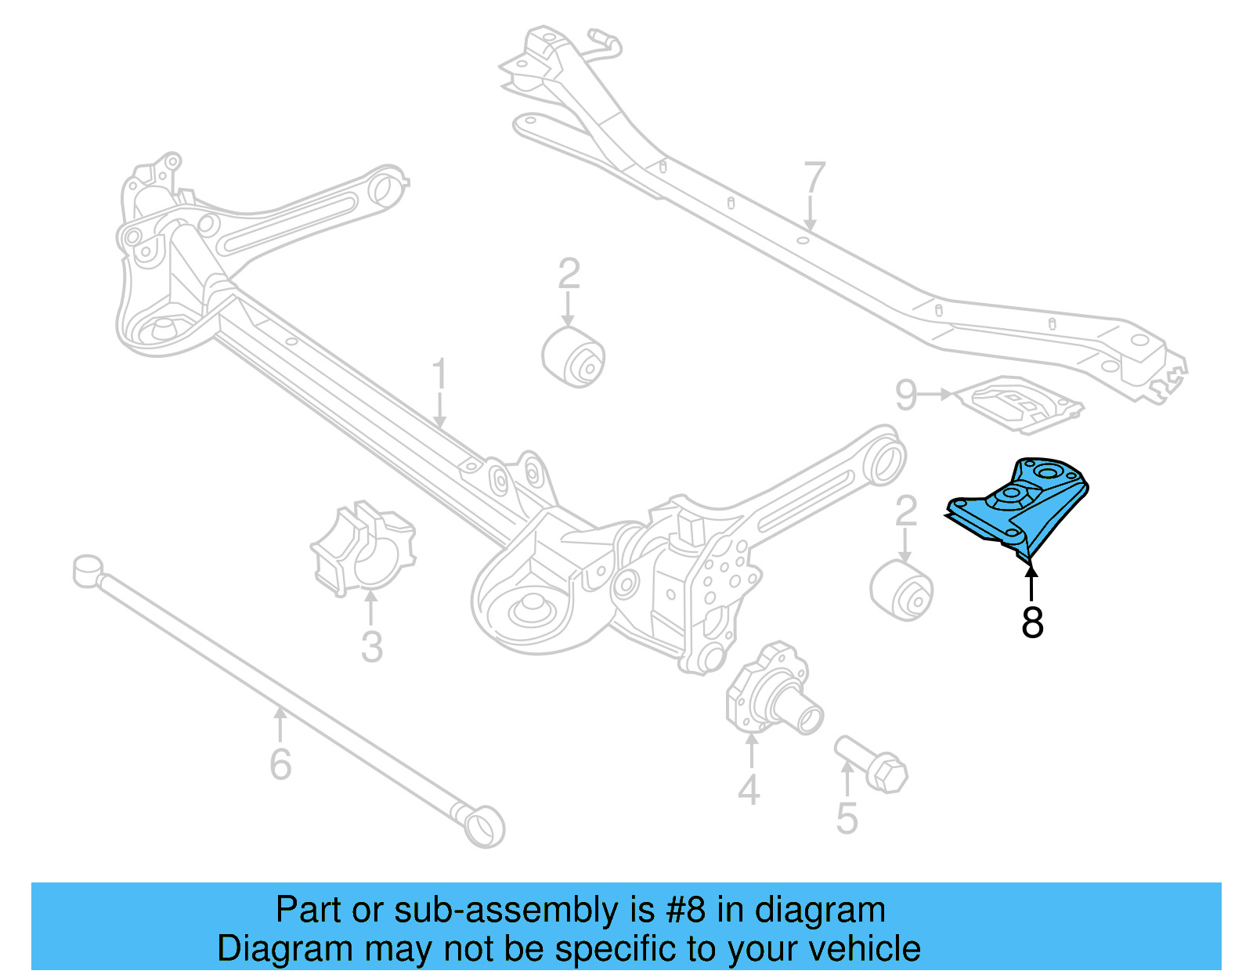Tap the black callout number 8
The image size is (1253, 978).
pos(1032,623)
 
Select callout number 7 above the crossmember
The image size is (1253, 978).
pos(814,179)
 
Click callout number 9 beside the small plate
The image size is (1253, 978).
pos(906,395)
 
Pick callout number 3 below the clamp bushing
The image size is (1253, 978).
pos(371,647)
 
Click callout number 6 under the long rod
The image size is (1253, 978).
pos(280,763)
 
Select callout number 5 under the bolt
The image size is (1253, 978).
pos(847,817)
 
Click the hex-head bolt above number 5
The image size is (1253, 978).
pos(871,763)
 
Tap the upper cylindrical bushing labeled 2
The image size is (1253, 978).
pos(574,357)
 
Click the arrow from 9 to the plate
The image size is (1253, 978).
pos(935,395)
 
